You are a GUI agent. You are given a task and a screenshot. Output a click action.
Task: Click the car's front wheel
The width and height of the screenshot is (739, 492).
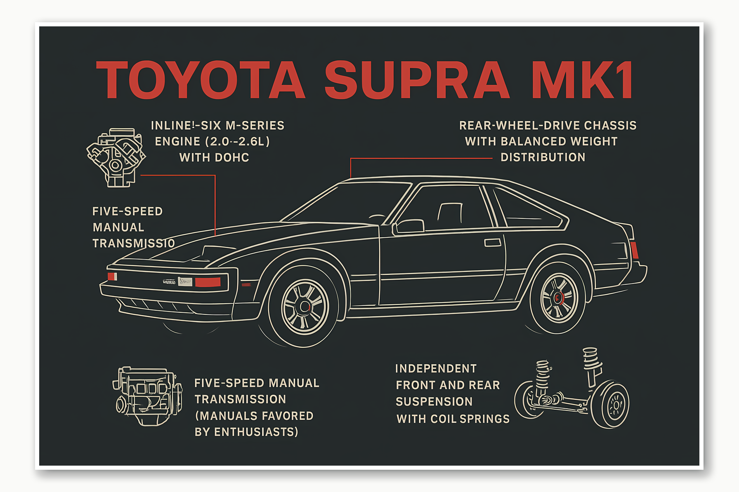tap(305, 307)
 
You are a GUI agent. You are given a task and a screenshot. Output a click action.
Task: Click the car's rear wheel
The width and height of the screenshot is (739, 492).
tap(559, 298)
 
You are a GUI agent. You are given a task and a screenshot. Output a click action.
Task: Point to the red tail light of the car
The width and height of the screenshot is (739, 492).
tap(634, 250)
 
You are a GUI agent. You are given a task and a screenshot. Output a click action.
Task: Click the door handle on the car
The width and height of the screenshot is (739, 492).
tap(493, 242)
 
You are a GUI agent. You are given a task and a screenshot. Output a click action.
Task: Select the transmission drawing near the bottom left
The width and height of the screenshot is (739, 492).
tap(147, 396)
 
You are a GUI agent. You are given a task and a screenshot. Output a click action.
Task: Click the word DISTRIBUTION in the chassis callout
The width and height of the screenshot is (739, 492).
tap(543, 157)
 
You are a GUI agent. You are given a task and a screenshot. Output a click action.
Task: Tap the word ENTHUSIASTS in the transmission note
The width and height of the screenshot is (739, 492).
tap(256, 432)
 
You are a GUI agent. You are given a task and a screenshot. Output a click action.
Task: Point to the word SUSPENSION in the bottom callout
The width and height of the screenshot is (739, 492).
tap(434, 402)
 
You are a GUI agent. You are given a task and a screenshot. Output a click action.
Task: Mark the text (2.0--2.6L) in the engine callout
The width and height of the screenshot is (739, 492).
tap(238, 142)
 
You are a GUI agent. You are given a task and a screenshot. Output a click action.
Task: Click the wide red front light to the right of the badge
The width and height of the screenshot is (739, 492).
tap(208, 282)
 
